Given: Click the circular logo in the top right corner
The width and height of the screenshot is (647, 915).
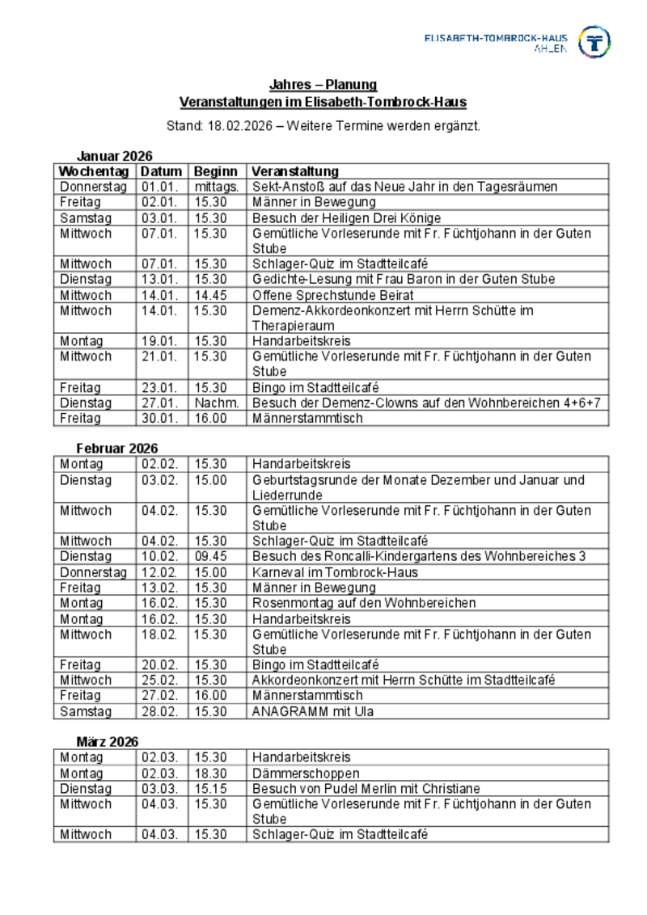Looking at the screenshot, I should click(594, 42).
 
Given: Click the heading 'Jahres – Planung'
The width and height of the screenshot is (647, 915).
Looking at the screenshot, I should click(323, 85).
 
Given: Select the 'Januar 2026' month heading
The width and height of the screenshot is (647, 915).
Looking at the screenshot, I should click(114, 156).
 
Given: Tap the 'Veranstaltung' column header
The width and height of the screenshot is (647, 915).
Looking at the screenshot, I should click(295, 171).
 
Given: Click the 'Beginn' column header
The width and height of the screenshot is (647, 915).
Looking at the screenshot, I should click(216, 171).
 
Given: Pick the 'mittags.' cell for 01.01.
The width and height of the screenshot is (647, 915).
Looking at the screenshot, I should click(216, 187).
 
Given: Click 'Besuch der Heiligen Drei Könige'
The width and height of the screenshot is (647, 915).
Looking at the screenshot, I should click(346, 218).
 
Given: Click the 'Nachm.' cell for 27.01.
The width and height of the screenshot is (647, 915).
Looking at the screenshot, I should click(216, 403).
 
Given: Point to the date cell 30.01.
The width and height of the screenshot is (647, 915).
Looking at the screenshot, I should click(161, 419).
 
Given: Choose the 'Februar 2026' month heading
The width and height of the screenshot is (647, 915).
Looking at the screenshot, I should click(117, 449).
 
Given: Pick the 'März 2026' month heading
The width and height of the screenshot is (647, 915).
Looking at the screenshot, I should click(108, 741).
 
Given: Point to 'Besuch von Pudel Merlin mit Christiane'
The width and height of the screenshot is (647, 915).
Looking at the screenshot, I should click(366, 789).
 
